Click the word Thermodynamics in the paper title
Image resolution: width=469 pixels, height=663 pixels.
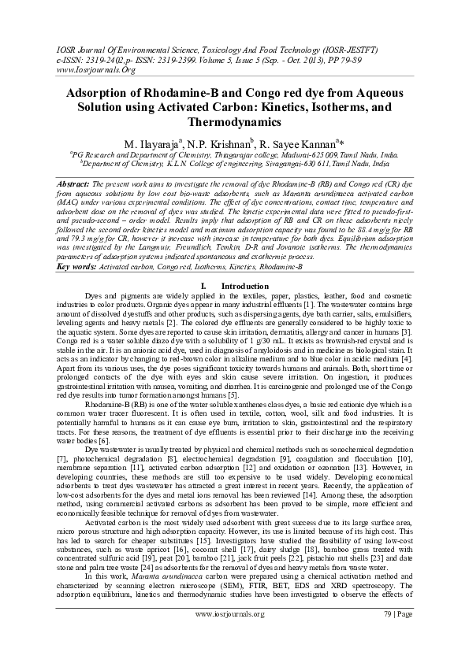click(x=234, y=124)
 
